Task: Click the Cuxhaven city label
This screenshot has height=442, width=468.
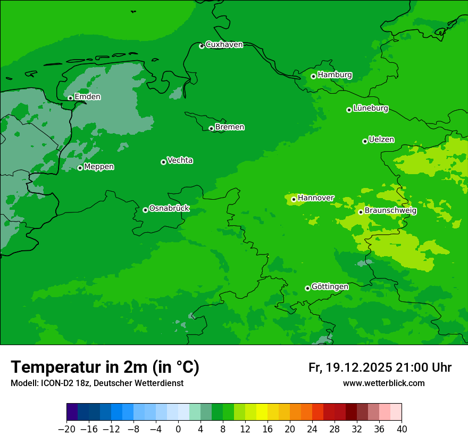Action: [224, 45]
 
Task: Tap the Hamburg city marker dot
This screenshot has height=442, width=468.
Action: [313, 76]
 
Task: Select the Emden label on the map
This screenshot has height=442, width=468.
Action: [87, 97]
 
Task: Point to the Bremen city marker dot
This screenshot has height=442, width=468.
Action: [211, 128]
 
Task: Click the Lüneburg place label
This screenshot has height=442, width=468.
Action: [371, 109]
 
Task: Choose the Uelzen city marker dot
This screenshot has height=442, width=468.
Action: [365, 141]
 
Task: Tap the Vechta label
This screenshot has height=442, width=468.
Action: [180, 161]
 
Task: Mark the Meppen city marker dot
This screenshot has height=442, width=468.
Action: [80, 168]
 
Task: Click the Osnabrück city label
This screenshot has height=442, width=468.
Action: [169, 209]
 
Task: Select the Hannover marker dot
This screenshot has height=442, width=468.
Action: [294, 199]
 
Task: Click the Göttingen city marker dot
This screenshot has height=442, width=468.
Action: [307, 288]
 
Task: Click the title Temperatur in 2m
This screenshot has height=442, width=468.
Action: [105, 367]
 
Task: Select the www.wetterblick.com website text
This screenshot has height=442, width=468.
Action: [383, 383]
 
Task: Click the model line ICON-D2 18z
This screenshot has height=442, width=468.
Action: [97, 383]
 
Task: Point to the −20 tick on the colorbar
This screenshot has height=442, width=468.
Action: [66, 429]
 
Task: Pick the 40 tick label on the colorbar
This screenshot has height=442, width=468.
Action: [402, 429]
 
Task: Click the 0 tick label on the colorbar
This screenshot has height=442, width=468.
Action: [178, 429]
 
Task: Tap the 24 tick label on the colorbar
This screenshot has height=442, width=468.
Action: [312, 429]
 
